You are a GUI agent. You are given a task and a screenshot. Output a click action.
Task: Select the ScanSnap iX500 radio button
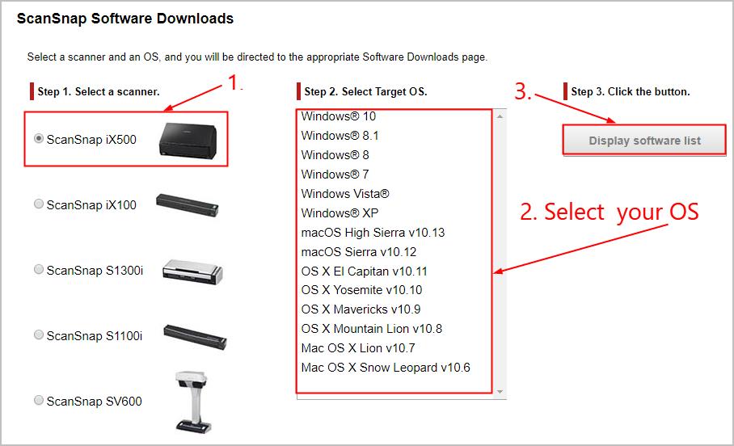(x=39, y=139)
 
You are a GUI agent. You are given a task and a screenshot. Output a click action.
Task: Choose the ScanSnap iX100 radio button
(x=39, y=204)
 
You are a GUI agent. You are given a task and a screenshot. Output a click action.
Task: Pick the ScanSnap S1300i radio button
(x=39, y=270)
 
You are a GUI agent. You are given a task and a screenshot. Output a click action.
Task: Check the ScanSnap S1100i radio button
(x=39, y=335)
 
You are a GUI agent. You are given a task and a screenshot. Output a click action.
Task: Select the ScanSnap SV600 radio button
(x=39, y=401)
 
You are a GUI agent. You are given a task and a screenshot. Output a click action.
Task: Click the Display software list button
(x=644, y=141)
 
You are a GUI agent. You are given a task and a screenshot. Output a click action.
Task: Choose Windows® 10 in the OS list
(x=338, y=116)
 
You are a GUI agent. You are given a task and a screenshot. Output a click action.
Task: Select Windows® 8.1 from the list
(x=340, y=136)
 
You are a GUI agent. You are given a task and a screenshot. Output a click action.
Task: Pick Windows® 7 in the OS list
(x=335, y=175)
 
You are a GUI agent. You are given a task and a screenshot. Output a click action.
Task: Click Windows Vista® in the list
(x=345, y=194)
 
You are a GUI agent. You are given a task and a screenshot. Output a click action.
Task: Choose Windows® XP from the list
(x=340, y=213)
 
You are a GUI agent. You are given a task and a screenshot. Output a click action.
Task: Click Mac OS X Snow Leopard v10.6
(x=386, y=368)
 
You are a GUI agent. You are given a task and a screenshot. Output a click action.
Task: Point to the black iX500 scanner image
(x=189, y=138)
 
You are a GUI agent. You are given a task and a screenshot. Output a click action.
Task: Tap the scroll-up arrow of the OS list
(x=500, y=116)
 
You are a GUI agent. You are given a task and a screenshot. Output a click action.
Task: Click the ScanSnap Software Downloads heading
(x=125, y=18)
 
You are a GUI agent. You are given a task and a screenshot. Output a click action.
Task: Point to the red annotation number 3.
(x=523, y=91)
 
